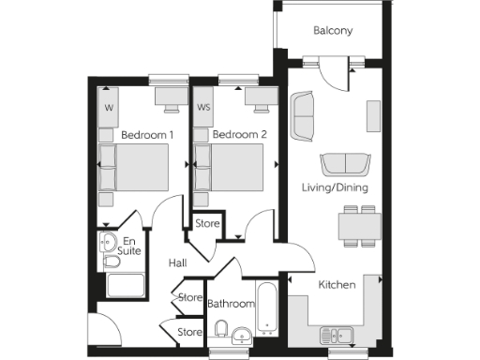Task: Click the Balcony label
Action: [x=333, y=31]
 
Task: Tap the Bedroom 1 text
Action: [x=147, y=135]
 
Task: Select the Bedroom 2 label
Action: [x=240, y=135]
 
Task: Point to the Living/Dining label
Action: [x=334, y=187]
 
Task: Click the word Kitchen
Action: [x=336, y=284]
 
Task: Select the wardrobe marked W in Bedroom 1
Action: [x=109, y=108]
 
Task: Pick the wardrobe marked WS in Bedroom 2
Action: [x=202, y=108]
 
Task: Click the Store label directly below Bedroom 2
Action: [x=207, y=224]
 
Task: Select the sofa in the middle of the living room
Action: [x=343, y=163]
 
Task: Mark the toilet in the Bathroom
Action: [x=222, y=328]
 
